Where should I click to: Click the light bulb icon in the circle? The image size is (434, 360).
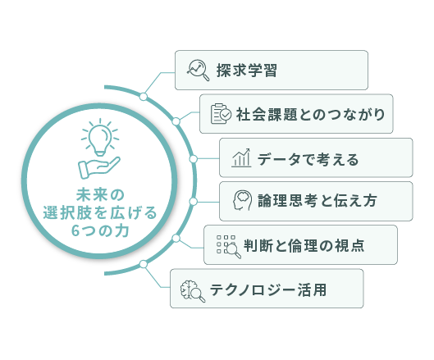pyautogui.click(x=100, y=137)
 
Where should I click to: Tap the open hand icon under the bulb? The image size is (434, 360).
pyautogui.click(x=99, y=167)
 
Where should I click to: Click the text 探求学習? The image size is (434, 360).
pyautogui.click(x=247, y=71)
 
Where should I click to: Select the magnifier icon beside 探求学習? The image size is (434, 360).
pyautogui.click(x=199, y=71)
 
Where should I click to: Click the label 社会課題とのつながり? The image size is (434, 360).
pyautogui.click(x=310, y=114)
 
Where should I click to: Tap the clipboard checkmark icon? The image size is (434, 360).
pyautogui.click(x=221, y=114)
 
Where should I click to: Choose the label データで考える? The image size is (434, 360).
pyautogui.click(x=308, y=160)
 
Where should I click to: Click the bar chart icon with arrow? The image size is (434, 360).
pyautogui.click(x=241, y=157)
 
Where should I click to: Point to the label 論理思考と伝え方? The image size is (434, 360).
pyautogui.click(x=318, y=201)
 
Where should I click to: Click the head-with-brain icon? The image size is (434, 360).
pyautogui.click(x=242, y=200)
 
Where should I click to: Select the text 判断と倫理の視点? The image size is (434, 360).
pyautogui.click(x=304, y=245)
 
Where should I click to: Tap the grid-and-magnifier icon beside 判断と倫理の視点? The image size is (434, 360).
pyautogui.click(x=229, y=247)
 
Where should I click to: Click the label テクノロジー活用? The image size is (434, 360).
pyautogui.click(x=268, y=289)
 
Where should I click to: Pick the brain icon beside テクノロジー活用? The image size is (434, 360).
pyautogui.click(x=193, y=290)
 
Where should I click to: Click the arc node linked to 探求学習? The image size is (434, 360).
pyautogui.click(x=144, y=97)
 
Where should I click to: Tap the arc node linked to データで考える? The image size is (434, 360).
pyautogui.click(x=194, y=159)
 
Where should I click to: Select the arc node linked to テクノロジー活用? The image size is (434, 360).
pyautogui.click(x=144, y=264)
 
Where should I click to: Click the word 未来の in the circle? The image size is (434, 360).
pyautogui.click(x=100, y=195)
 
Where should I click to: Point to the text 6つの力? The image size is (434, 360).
pyautogui.click(x=100, y=230)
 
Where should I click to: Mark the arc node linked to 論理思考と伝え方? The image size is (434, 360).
pyautogui.click(x=194, y=202)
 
